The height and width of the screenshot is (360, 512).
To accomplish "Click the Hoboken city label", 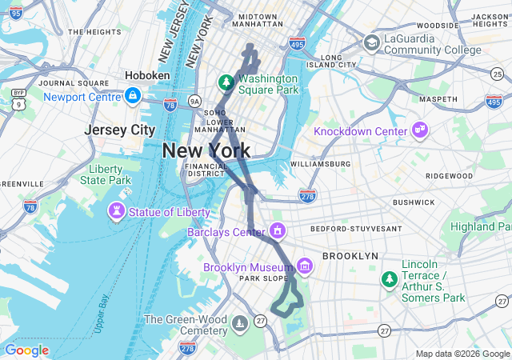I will click(x=147, y=75).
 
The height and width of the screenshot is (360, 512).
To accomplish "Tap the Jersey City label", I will click(x=120, y=130).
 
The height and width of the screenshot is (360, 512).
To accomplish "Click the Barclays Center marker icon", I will click(x=278, y=232).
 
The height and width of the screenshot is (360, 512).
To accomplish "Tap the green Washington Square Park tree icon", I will click(x=226, y=83).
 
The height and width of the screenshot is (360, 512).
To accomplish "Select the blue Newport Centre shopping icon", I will click(x=133, y=97).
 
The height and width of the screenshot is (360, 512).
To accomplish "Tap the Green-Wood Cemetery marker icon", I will click(x=238, y=324).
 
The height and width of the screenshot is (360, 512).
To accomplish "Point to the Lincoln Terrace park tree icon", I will click(x=389, y=279).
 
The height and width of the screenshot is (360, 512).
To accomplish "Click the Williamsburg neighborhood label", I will click(x=320, y=164).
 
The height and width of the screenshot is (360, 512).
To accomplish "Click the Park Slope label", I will click(x=261, y=279).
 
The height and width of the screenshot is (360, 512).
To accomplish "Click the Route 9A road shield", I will click(x=194, y=101).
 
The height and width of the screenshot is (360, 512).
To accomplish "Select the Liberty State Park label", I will click(x=105, y=174).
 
